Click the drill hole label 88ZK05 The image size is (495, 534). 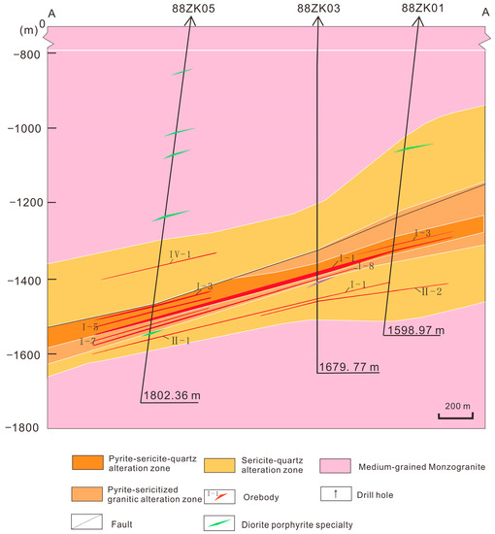tap(192, 9)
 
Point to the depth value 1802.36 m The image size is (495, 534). tap(171, 395)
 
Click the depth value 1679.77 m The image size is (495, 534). tap(347, 368)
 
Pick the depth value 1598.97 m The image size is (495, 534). tap(413, 331)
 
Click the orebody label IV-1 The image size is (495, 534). tap(178, 254)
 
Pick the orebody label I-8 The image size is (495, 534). tap(365, 266)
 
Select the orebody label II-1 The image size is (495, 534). tap(181, 341)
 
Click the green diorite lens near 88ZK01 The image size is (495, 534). tap(414, 148)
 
